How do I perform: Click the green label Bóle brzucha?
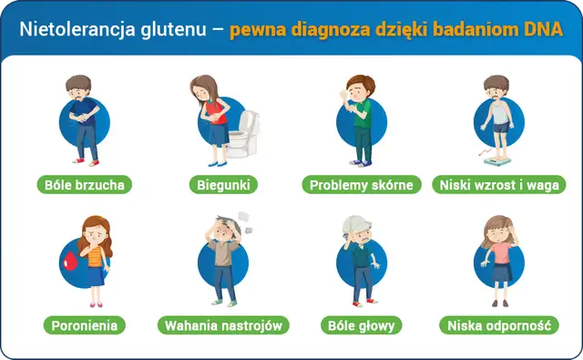pos(86,185)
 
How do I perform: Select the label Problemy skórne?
pos(361,185)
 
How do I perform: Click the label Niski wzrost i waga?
pos(496,185)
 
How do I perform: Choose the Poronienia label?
pos(85,324)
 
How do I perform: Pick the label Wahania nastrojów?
pos(223,324)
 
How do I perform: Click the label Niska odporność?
pos(497,324)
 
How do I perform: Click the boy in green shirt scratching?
pos(359,118)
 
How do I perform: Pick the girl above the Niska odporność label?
pos(497,260)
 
